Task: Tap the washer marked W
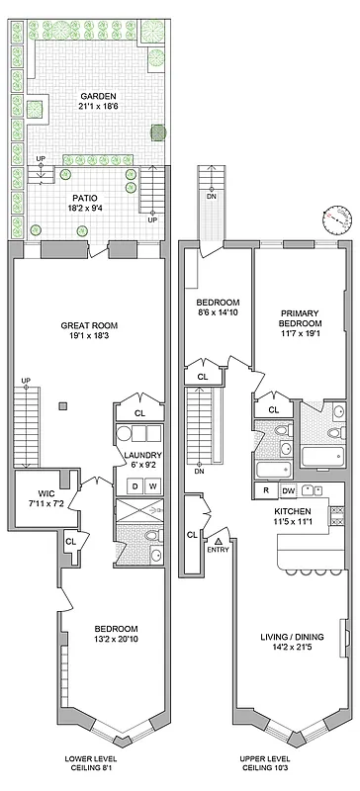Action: (153, 485)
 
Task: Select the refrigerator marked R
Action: (264, 490)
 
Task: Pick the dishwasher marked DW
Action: (287, 490)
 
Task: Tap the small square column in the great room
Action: (61, 405)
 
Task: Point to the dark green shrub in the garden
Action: (158, 131)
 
